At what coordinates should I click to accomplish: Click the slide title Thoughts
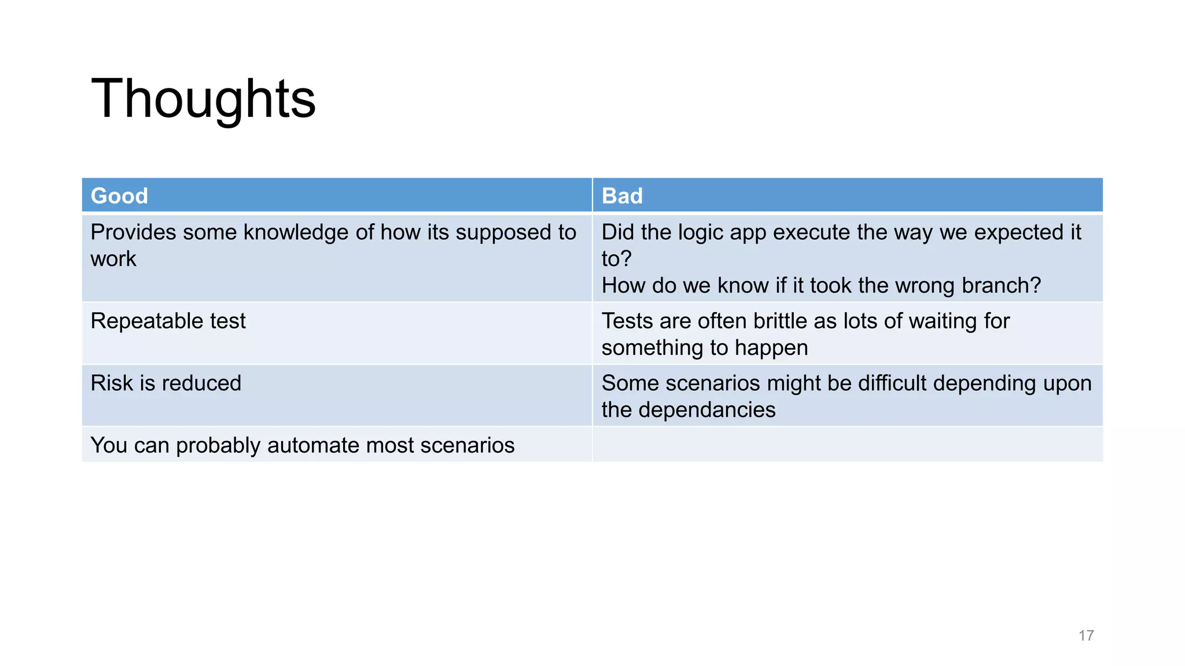click(x=203, y=99)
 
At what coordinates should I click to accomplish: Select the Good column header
click(x=119, y=196)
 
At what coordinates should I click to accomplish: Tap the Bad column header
click(x=622, y=196)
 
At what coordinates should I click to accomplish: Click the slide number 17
click(x=1085, y=635)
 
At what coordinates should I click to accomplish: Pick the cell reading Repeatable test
click(x=168, y=321)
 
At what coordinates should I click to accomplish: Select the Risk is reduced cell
click(x=165, y=383)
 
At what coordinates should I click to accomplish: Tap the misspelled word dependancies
click(x=706, y=410)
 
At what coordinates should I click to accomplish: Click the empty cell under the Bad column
click(x=847, y=445)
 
